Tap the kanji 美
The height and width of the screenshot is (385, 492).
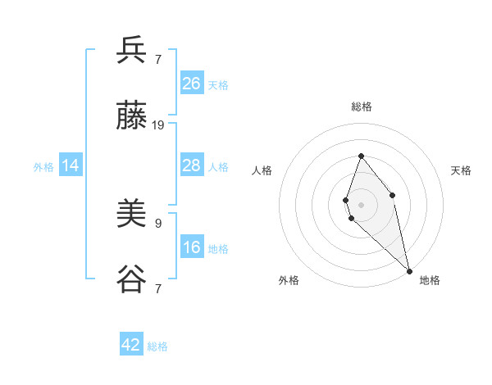132,215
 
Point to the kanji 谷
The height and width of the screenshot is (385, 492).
132,280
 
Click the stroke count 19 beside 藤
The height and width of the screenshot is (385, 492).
158,125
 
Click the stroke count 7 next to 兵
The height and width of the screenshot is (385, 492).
158,59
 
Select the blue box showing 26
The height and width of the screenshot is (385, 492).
192,84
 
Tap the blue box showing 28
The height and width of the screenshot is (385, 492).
192,165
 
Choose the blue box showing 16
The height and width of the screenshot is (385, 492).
192,247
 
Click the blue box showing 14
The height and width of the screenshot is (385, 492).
71,165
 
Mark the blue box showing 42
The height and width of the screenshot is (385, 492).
131,345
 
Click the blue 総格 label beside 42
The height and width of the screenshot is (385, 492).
157,346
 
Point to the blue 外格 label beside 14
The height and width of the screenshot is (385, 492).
43,167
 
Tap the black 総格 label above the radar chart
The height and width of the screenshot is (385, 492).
362,106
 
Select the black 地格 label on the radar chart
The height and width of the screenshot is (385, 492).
430,280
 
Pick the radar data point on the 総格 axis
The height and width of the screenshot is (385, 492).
361,156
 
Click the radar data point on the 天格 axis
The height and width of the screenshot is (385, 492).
393,195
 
